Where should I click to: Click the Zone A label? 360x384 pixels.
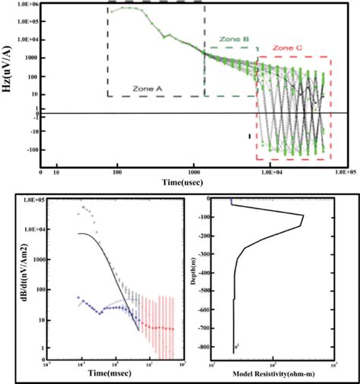148,88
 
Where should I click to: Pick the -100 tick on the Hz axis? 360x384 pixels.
30,150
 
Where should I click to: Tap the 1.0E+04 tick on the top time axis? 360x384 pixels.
272,174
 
